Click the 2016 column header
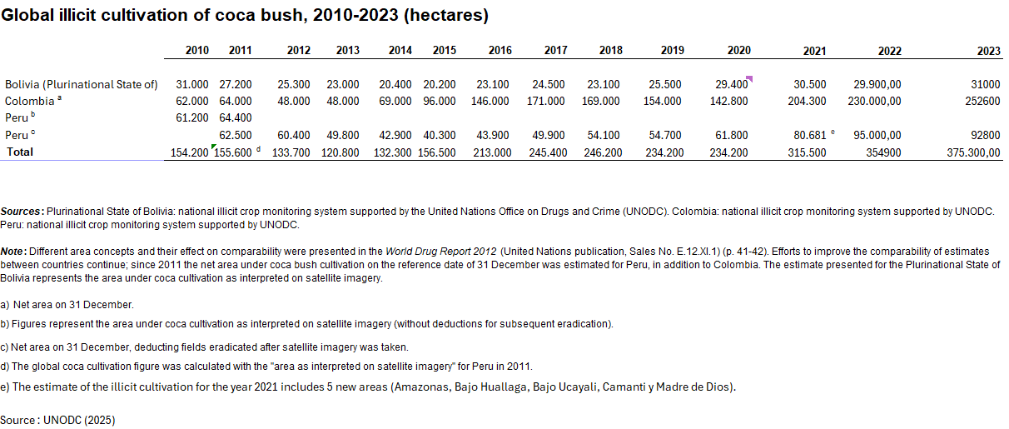(500, 51)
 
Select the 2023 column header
(988, 51)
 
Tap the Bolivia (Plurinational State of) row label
(81, 84)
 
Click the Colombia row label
(30, 101)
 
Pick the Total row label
(20, 152)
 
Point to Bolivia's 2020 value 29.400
(729, 84)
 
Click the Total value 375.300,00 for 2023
(973, 152)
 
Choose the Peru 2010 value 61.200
(192, 117)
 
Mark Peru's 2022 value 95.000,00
(877, 135)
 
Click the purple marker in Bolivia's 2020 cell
(749, 79)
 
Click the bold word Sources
(22, 212)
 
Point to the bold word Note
(13, 251)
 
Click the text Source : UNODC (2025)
(57, 420)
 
